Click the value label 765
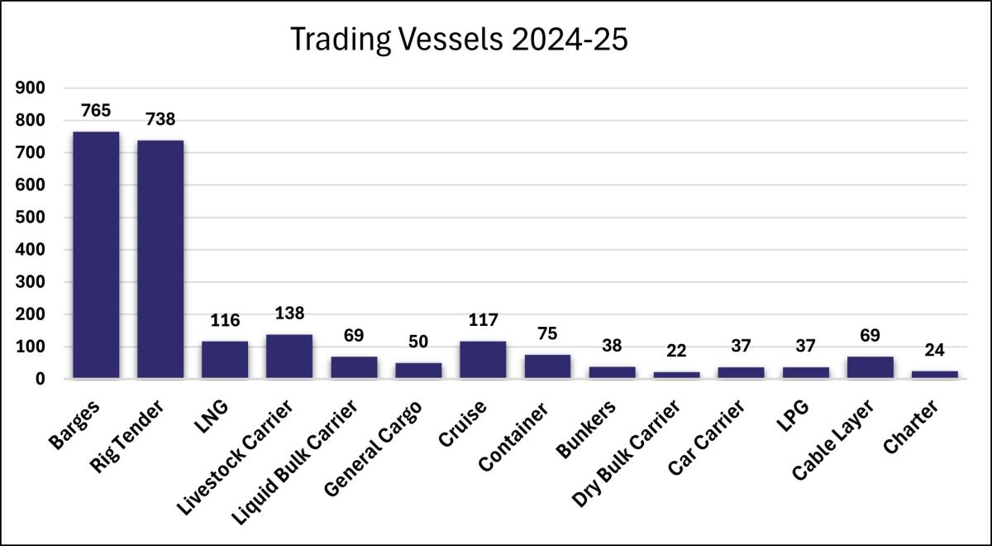(x=96, y=110)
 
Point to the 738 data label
(x=160, y=119)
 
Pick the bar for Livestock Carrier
(x=289, y=357)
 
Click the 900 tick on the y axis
(x=31, y=88)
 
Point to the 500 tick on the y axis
(x=31, y=218)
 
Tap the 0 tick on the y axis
(x=39, y=379)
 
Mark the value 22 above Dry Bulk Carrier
(x=676, y=351)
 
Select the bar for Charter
(x=934, y=374)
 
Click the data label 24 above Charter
(x=934, y=350)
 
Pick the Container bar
(x=547, y=366)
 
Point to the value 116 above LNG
(x=225, y=320)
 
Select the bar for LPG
(x=805, y=372)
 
